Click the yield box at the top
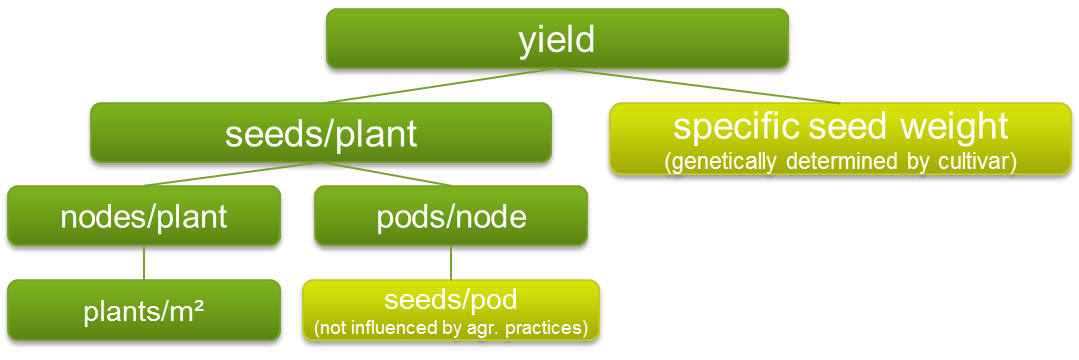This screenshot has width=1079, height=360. pos(557,39)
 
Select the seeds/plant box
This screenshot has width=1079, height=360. pos(321,133)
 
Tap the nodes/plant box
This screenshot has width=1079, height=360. pos(144,215)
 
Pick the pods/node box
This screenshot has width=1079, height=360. pos(451,215)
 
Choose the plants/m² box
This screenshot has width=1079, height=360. pos(144,310)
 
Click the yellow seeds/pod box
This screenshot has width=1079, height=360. pos(451,310)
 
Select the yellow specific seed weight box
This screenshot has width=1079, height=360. pos(840,138)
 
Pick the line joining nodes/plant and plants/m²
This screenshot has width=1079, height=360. pos(144,262)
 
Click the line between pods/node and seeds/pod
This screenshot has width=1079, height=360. pos(451,262)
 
